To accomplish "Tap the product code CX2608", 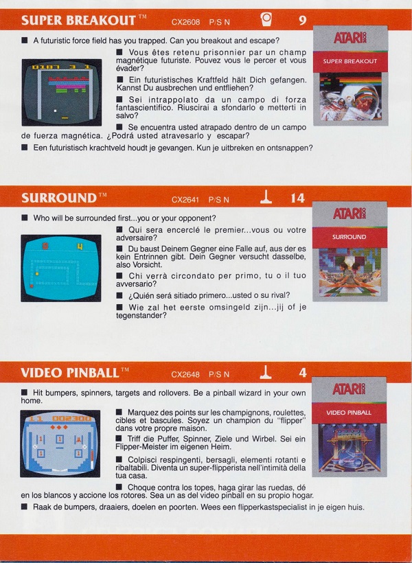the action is point(185,22).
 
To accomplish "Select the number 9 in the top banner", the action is point(302,21).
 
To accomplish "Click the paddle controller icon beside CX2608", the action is point(266,19).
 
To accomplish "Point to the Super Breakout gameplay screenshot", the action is point(61,92).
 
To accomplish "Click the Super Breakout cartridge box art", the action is point(351,76).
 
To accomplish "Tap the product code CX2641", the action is point(185,200).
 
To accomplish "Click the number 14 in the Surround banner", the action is point(298,198).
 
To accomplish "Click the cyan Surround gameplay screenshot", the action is point(60,268).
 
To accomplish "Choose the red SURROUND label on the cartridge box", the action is point(350,238).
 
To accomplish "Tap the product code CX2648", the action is point(185,374).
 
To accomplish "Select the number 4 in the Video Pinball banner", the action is point(303,373).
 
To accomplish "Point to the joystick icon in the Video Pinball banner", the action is point(266,372).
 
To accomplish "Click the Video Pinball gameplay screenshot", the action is point(60,444).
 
